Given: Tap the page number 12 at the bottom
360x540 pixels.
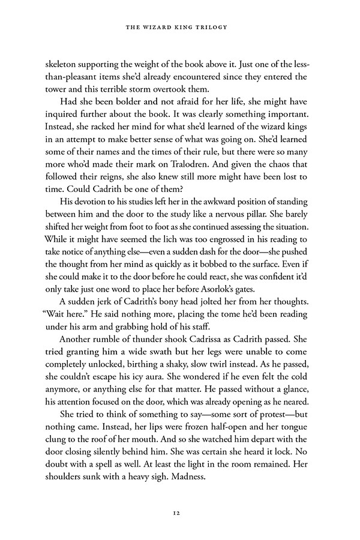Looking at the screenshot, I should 180,512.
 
